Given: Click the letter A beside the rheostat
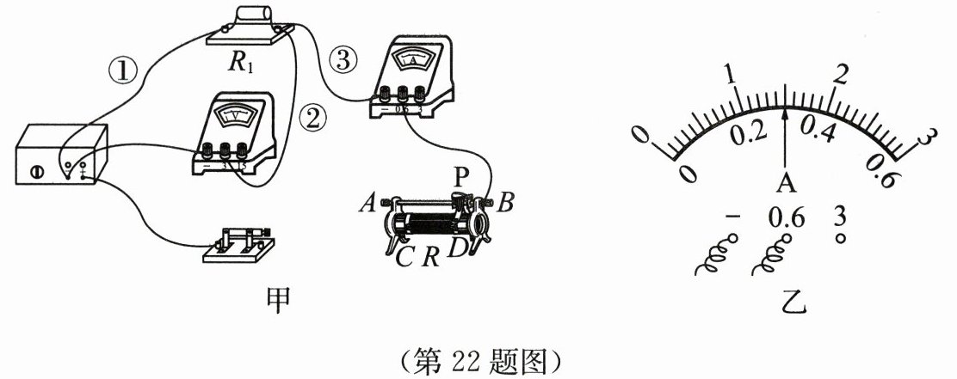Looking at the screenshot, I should tap(367, 205).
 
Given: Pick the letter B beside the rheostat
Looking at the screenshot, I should tap(506, 205).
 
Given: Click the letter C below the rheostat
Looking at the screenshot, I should tap(404, 255).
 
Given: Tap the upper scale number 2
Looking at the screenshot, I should tap(841, 73).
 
